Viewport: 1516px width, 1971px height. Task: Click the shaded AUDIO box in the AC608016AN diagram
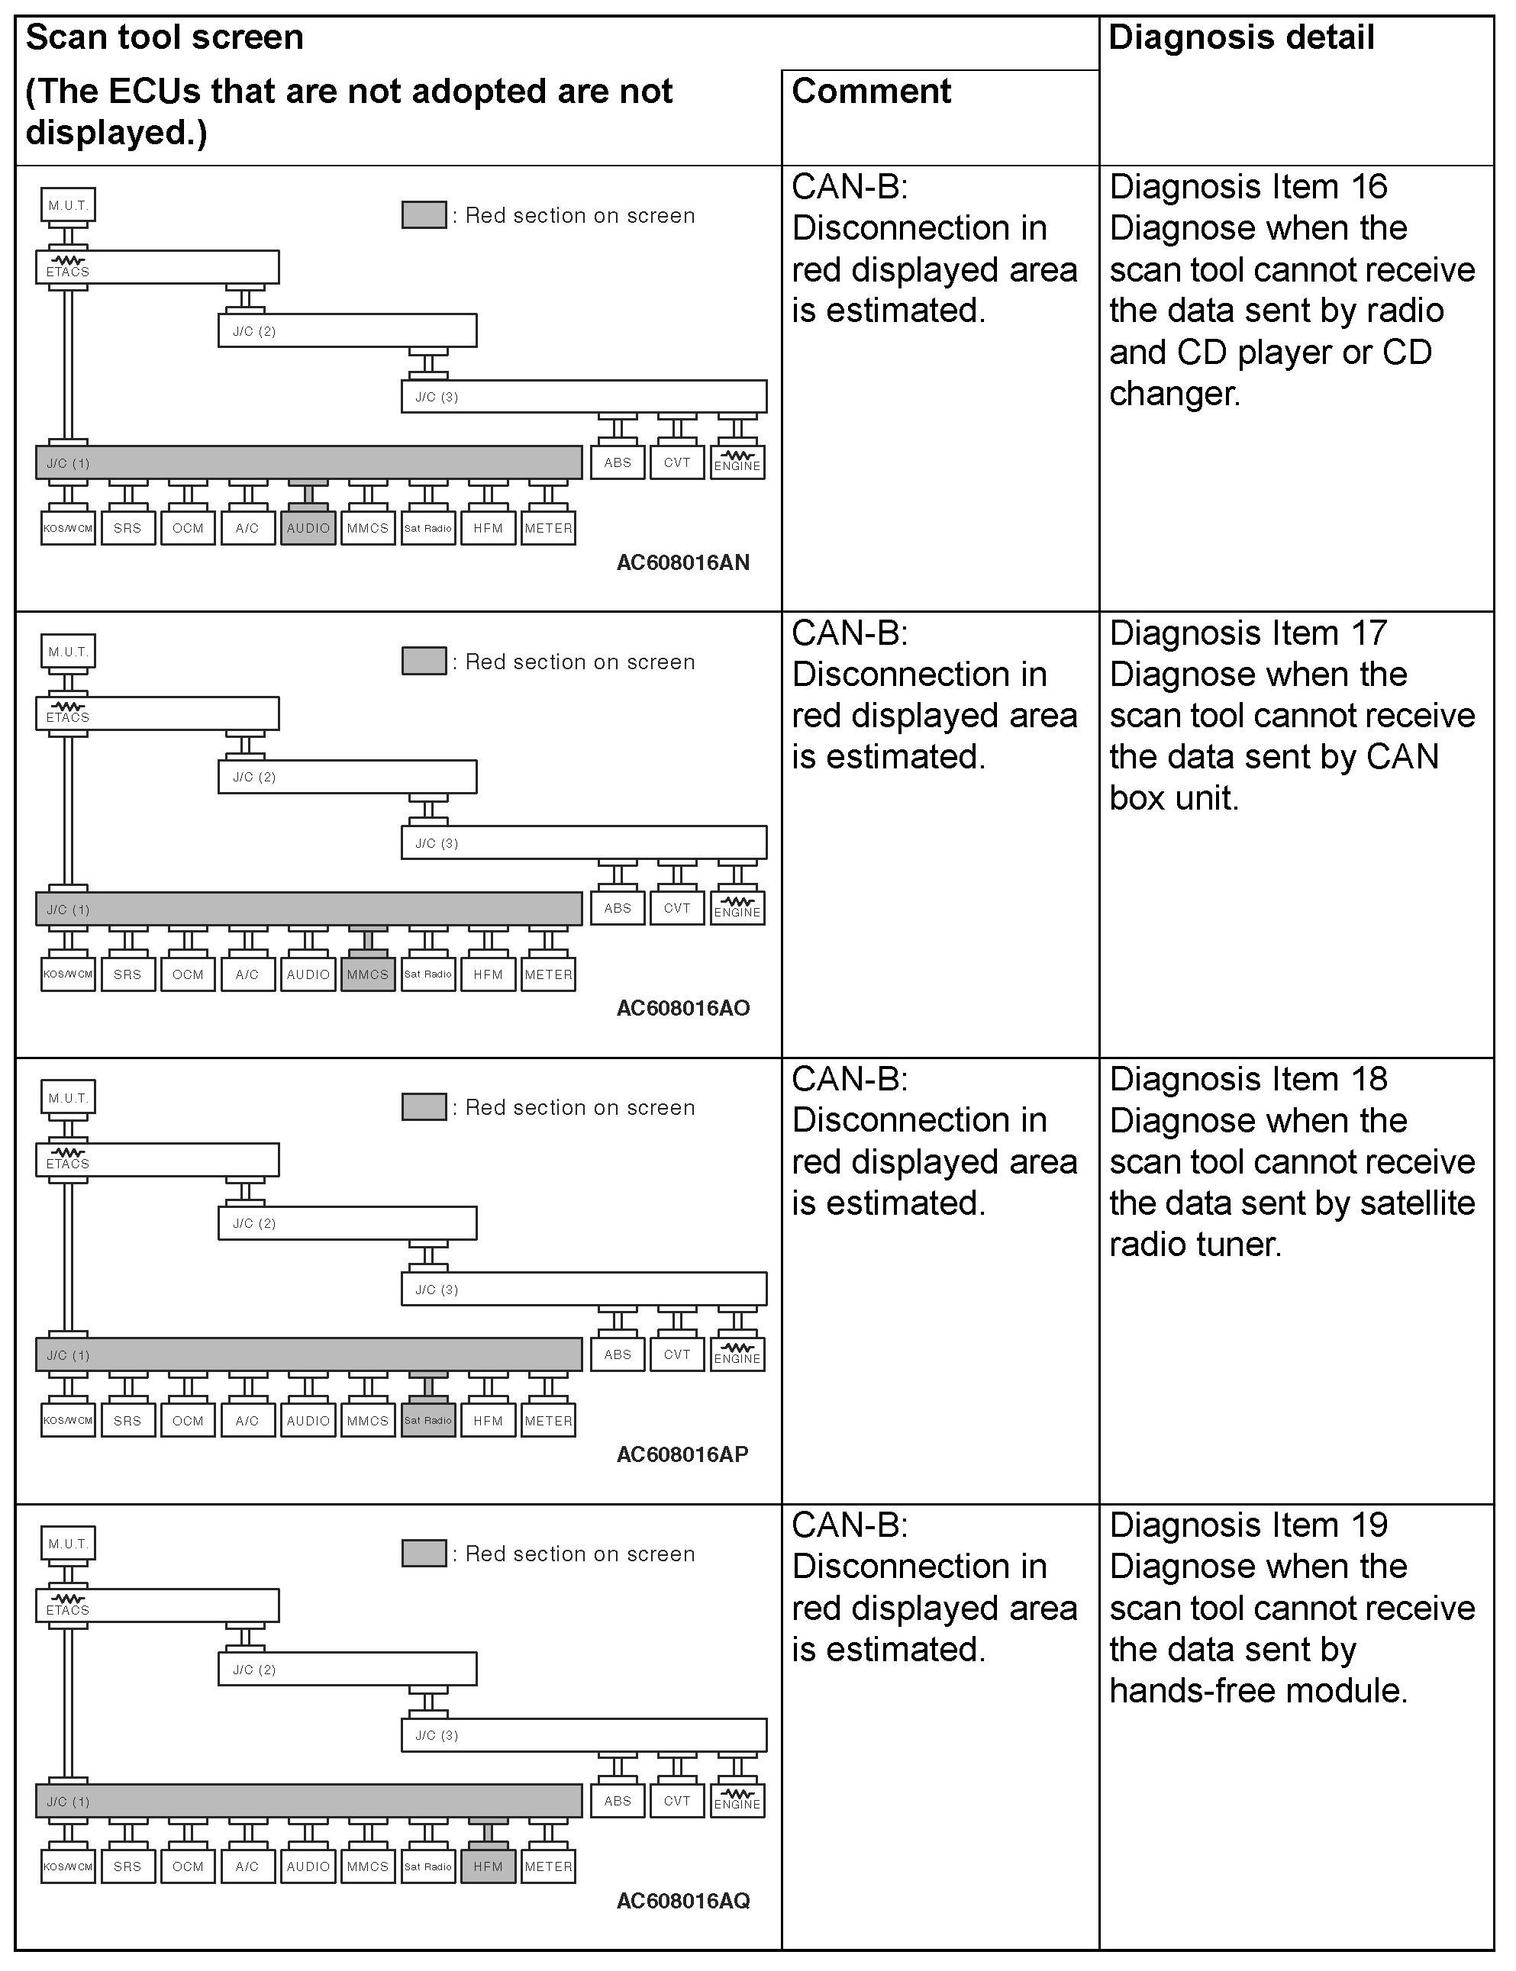pos(308,528)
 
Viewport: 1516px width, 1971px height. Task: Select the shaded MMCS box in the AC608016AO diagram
pos(367,974)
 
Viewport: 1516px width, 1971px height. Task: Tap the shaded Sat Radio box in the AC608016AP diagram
pos(427,1420)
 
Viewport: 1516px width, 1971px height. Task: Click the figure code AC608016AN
pos(683,562)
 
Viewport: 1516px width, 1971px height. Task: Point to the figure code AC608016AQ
pos(683,1901)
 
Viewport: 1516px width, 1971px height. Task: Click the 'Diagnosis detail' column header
pos(1240,38)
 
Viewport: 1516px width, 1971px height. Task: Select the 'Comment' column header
pos(871,91)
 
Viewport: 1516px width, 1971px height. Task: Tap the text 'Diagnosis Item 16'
pos(1248,187)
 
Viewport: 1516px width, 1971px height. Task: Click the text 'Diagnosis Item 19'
pos(1248,1525)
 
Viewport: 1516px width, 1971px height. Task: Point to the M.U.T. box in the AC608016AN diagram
pos(69,205)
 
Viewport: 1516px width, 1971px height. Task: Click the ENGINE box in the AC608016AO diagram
pos(737,908)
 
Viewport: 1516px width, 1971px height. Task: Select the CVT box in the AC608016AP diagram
pos(677,1354)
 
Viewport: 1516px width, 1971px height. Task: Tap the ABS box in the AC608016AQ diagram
pos(618,1801)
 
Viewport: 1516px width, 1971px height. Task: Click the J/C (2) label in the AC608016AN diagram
pos(254,331)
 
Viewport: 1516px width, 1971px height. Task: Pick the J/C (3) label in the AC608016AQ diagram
pos(437,1734)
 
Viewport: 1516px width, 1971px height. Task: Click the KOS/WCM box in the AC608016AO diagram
pos(68,974)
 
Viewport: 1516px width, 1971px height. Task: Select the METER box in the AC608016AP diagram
pos(548,1420)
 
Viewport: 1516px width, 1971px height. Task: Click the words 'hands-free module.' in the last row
pos(1258,1690)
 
